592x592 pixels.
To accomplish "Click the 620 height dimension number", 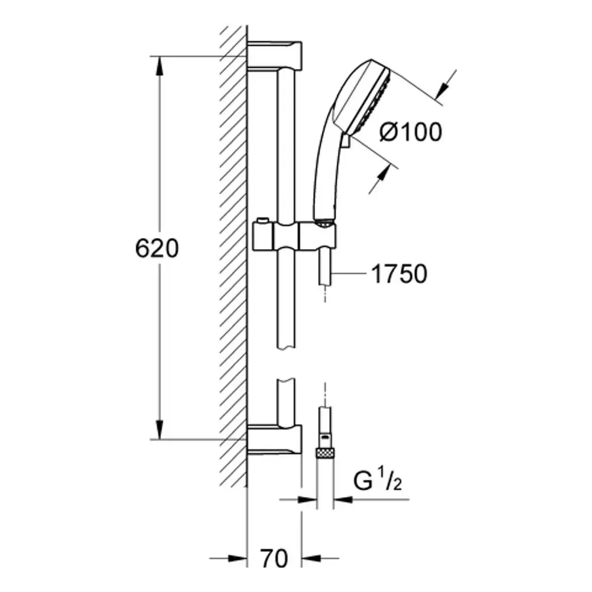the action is point(157,249).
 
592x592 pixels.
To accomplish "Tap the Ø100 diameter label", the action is point(410,132).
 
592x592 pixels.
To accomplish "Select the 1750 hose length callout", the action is point(400,274).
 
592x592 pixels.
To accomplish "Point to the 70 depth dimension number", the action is point(274,558).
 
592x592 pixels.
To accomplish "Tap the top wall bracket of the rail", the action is point(275,55).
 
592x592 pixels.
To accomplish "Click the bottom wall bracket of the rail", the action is point(275,439).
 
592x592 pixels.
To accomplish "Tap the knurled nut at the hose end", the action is point(324,452).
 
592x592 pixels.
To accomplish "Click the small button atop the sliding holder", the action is point(262,220).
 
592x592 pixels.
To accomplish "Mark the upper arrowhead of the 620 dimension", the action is point(160,66).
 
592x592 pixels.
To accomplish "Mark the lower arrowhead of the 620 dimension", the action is point(160,430).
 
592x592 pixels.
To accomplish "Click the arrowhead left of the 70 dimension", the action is point(238,558).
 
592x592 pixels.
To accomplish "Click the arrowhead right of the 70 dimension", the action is point(311,558).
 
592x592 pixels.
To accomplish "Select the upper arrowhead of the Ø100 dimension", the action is point(442,90).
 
